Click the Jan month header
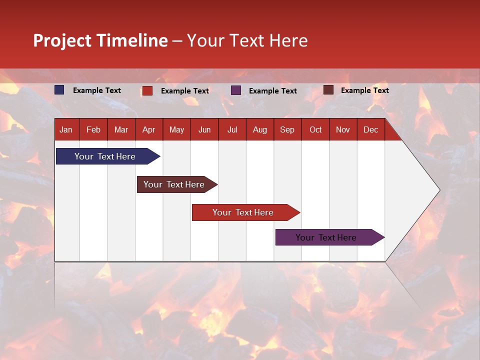click(66, 129)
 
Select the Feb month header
click(93, 129)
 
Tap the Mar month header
click(121, 129)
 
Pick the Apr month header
click(149, 129)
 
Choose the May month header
click(176, 129)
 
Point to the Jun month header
click(204, 129)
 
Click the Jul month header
click(232, 129)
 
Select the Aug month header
click(260, 129)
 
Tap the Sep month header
click(287, 129)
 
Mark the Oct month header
click(315, 129)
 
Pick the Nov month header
click(343, 129)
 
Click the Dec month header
click(371, 129)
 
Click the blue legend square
click(59, 90)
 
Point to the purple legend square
click(236, 90)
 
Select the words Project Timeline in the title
click(100, 40)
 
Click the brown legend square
click(328, 90)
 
